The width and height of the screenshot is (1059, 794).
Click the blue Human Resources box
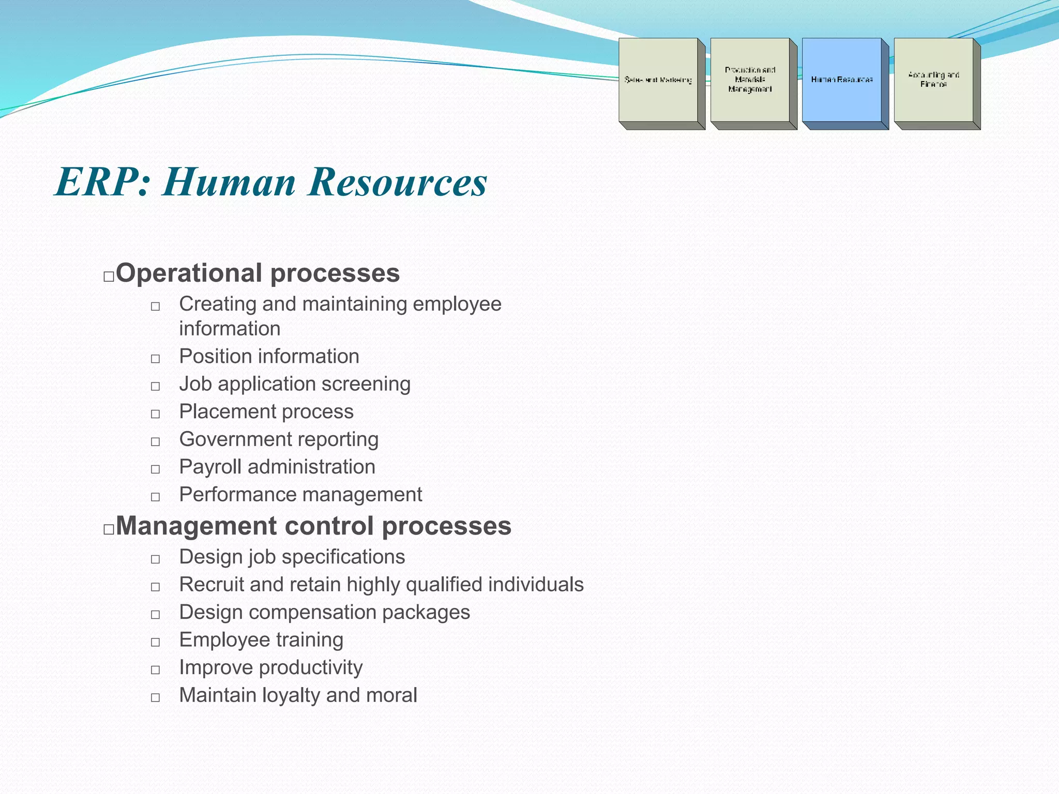pos(842,80)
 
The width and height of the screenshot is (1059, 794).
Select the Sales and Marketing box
pos(658,80)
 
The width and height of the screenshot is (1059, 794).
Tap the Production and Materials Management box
pos(750,80)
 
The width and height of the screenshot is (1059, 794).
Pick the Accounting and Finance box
pos(933,80)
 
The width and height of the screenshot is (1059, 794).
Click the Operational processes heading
pos(258,273)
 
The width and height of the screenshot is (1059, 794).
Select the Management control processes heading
pos(313,526)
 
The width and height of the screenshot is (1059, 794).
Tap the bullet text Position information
pos(269,356)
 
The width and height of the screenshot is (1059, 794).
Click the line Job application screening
pos(295,384)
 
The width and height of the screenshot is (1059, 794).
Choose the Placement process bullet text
pos(266,411)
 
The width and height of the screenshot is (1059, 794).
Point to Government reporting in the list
pos(279,439)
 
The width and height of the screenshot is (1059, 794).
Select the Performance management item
pos(300,495)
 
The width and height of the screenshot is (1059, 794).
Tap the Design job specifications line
pos(292,557)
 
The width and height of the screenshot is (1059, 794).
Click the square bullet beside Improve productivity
pos(155,670)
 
